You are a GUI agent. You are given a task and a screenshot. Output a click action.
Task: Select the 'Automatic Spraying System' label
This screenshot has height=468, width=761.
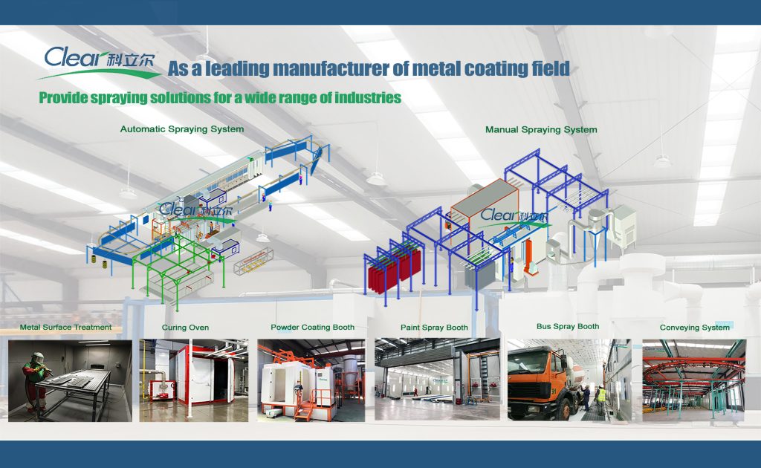(182, 129)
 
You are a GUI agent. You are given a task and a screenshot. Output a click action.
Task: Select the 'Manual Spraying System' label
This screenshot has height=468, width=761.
(541, 130)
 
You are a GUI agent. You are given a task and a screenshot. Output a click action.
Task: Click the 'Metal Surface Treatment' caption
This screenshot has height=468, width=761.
(65, 327)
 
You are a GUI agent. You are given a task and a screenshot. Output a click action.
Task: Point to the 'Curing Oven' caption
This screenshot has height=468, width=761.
(185, 328)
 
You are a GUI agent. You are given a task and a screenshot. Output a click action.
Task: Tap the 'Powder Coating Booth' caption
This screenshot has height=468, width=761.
(312, 327)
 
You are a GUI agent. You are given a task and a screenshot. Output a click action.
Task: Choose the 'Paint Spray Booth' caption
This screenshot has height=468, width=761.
(434, 328)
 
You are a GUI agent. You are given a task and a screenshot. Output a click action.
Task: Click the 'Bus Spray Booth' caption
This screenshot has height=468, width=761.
(568, 326)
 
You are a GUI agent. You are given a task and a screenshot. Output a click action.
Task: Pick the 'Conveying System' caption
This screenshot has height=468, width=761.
(695, 328)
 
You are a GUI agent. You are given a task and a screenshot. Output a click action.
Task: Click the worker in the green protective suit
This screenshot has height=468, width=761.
(33, 371)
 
